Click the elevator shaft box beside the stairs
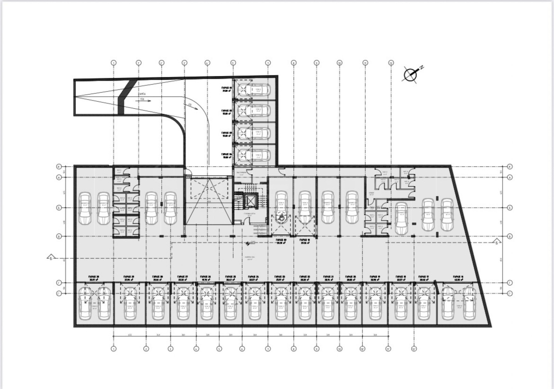250,201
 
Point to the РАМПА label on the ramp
141,94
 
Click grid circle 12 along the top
391,63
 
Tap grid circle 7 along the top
268,63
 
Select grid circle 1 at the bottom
114,349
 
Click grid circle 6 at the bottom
242,349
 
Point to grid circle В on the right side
510,237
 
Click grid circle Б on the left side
59,208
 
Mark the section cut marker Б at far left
51,258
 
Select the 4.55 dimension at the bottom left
129,335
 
